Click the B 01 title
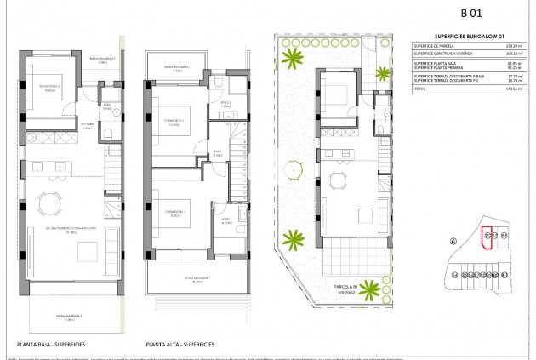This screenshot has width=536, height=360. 470,13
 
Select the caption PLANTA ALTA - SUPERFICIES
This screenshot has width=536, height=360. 180,345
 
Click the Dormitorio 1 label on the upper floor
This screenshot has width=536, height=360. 175,213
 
